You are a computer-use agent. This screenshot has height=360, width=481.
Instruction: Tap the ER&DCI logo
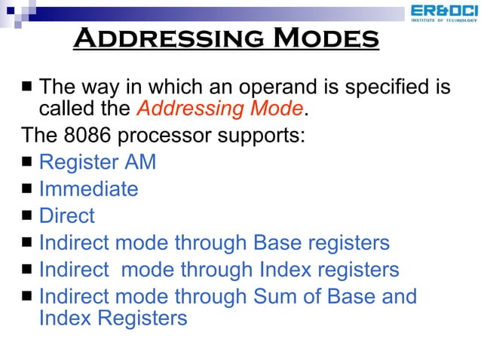point(443,13)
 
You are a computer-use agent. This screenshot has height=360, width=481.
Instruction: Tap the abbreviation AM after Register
point(139,163)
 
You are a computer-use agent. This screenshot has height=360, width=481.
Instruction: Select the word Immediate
point(88,189)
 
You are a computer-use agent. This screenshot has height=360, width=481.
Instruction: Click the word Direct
point(66,216)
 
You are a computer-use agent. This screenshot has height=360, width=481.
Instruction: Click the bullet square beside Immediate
point(26,190)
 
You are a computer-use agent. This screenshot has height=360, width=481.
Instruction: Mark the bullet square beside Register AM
point(26,163)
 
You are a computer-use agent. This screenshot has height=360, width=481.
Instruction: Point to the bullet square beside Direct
point(26,217)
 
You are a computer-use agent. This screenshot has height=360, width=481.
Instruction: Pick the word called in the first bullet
point(66,109)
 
